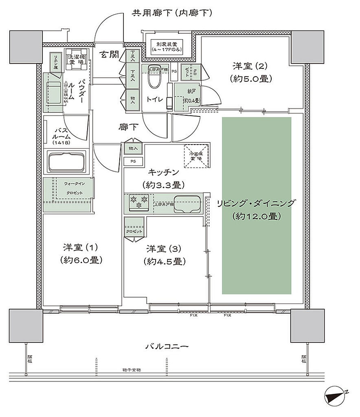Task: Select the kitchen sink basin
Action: tap(187, 204)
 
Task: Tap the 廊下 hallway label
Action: tap(125, 127)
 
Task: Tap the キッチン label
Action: tap(163, 172)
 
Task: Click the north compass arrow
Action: tap(336, 394)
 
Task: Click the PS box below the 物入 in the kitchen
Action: tap(133, 161)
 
